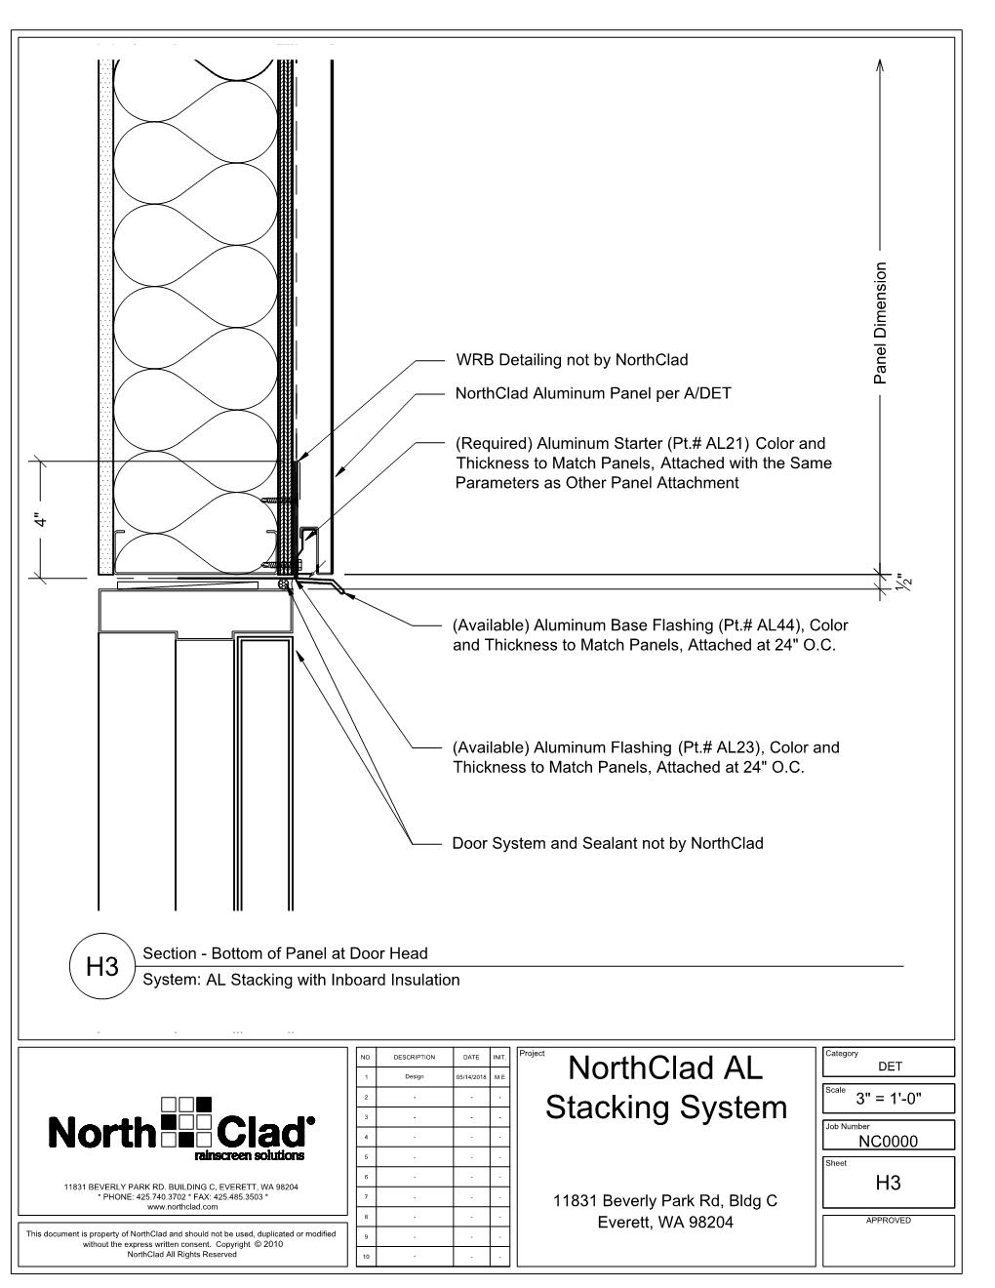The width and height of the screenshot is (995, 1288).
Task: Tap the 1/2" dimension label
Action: click(904, 584)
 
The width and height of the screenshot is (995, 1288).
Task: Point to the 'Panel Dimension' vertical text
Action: click(881, 322)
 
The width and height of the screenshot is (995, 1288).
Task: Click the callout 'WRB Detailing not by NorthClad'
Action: click(572, 360)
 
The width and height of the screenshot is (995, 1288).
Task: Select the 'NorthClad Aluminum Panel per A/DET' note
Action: click(593, 393)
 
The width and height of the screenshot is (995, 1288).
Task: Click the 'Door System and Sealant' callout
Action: click(608, 843)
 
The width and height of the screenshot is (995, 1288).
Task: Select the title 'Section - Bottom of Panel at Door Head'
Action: click(285, 953)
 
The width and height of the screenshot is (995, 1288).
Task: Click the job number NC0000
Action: click(889, 1141)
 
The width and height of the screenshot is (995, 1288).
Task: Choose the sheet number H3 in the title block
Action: click(889, 1184)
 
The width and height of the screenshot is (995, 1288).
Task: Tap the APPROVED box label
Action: click(888, 1221)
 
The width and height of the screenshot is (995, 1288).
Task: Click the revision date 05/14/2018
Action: click(471, 1077)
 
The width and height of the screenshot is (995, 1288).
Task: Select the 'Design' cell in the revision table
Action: click(415, 1077)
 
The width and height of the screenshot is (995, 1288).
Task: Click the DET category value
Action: click(890, 1067)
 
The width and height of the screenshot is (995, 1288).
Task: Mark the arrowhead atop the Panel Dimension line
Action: click(881, 64)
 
